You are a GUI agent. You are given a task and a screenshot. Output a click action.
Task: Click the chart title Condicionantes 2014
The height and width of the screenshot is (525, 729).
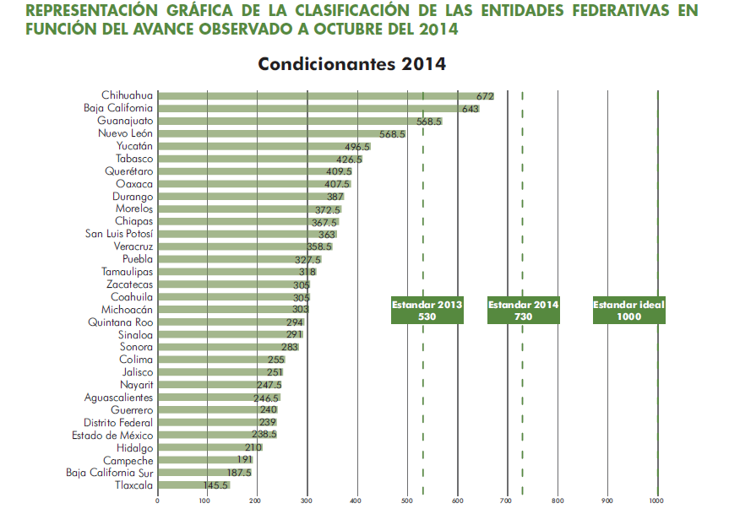point(351,64)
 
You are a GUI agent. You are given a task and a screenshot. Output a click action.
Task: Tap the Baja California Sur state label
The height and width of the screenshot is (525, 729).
point(109,473)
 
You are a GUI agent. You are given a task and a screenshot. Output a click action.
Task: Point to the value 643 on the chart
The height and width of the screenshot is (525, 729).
point(471,109)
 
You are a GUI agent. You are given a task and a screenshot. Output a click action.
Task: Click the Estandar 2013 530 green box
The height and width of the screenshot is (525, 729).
point(427,311)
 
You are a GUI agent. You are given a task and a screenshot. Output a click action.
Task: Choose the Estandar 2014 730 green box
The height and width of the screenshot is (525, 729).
point(524,311)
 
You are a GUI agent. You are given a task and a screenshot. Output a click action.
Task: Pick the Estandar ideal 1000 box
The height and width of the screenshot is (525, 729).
point(628,311)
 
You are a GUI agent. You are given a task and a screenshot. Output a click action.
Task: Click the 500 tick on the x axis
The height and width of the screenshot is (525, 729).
point(407,501)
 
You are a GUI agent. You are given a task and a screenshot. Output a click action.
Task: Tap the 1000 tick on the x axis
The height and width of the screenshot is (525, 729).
point(656,501)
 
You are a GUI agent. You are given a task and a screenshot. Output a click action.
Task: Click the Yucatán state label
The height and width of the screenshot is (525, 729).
point(134,146)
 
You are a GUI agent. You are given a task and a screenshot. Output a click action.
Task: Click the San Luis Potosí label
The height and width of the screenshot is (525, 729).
point(119,234)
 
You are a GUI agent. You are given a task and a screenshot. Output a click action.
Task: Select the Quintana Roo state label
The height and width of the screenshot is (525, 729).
point(120,322)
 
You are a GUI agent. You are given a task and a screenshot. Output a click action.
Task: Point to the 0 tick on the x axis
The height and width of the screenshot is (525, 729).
point(158,501)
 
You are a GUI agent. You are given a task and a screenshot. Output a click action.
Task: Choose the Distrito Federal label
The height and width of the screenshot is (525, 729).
point(117,422)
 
